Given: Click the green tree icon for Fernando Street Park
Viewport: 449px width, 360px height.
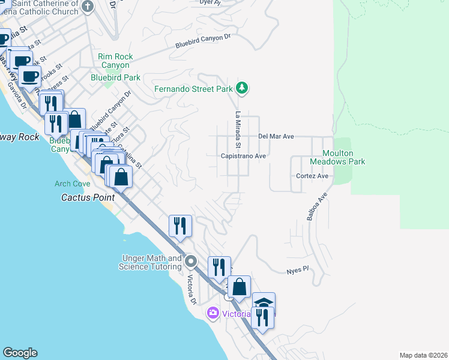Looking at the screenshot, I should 242,89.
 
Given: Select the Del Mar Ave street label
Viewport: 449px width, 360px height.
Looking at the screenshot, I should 276,136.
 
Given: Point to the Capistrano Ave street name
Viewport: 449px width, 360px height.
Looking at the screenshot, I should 243,155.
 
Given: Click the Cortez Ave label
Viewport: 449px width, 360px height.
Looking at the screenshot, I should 312,176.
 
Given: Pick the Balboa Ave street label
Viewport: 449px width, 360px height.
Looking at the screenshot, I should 317,206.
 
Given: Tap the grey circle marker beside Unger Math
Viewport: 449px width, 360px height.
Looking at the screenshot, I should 191,261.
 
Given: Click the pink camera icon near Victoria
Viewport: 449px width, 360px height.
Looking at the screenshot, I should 212,313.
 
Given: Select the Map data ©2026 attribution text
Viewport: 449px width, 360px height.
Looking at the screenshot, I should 423,355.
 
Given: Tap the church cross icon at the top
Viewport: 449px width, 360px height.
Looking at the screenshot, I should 88,7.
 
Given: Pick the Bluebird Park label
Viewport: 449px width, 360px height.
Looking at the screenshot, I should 115,77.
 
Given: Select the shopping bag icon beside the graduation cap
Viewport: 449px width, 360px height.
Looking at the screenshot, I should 239,288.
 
